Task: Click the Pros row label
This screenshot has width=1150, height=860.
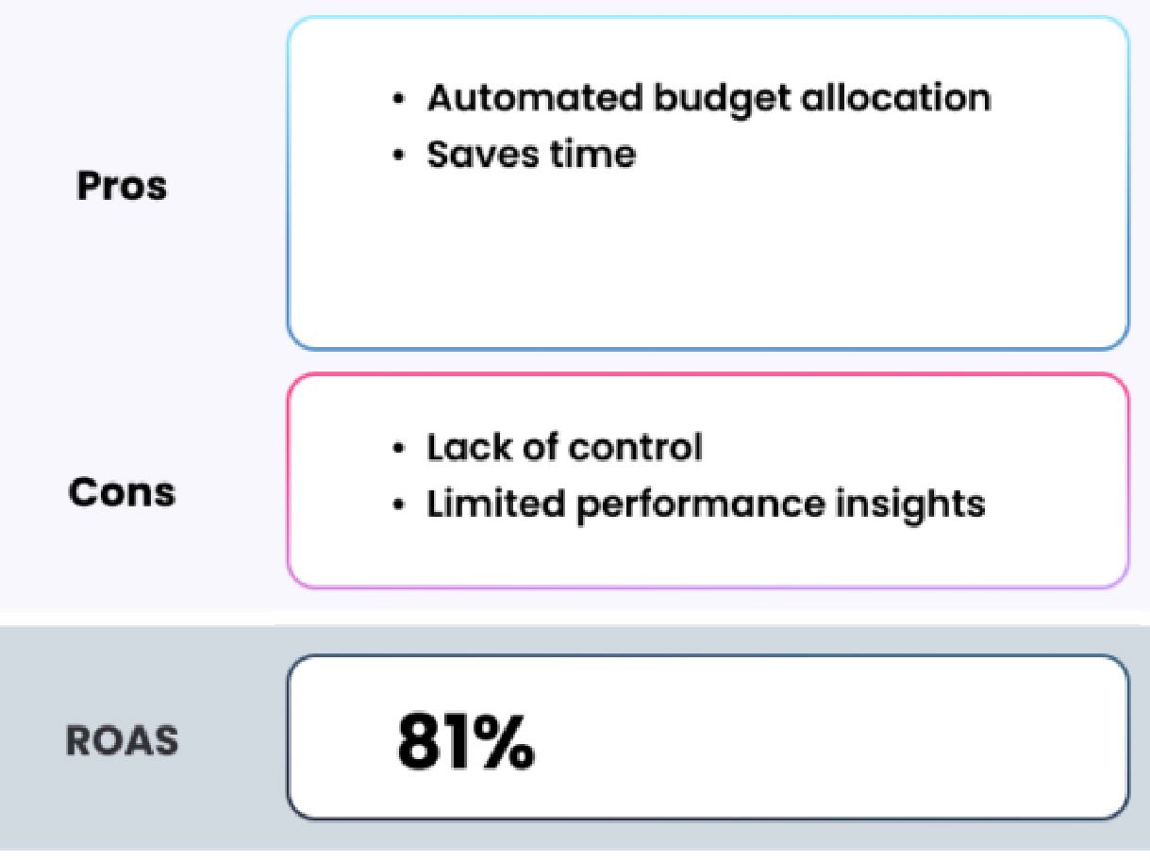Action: [x=122, y=186]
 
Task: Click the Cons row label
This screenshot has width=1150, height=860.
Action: [x=122, y=492]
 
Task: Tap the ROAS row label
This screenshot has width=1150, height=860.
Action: [x=122, y=740]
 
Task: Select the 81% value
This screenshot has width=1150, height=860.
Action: [x=466, y=742]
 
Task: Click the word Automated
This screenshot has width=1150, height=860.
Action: [x=535, y=98]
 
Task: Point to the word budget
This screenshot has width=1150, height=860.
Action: [x=723, y=101]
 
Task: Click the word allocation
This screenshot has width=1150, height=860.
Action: [x=896, y=98]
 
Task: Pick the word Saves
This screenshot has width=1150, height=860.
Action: [x=483, y=155]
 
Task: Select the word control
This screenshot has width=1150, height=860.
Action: [x=635, y=447]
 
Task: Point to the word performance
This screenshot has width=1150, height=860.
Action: [x=701, y=505]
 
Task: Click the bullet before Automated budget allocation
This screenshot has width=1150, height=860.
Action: [x=399, y=98]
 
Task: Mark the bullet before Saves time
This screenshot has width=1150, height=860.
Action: [x=399, y=155]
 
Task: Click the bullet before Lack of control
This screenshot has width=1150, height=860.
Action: [x=399, y=448]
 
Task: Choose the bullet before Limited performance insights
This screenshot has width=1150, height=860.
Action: [x=399, y=504]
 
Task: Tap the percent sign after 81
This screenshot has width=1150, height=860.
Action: [x=506, y=742]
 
